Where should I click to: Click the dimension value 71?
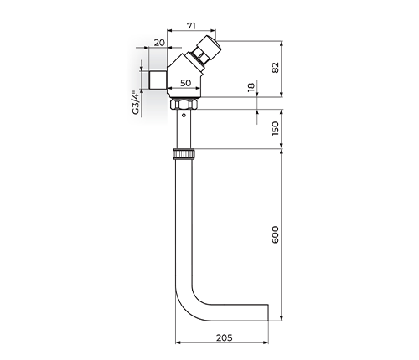(x=191, y=26)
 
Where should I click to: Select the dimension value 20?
(x=159, y=43)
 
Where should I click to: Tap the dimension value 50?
(x=185, y=83)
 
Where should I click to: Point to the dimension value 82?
(x=276, y=68)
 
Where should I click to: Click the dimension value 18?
(x=251, y=87)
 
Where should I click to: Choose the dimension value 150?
(x=276, y=128)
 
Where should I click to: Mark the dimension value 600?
(x=276, y=234)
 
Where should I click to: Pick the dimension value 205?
(x=225, y=337)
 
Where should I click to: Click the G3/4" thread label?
(x=136, y=102)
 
